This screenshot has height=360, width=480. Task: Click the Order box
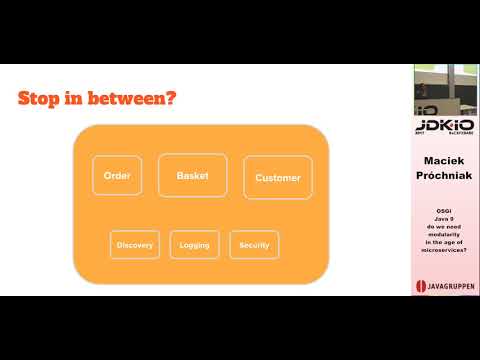point(118,176)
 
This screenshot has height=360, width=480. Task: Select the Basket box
point(193,175)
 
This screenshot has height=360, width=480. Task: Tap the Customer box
point(277,178)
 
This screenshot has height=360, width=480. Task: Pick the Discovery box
point(135,245)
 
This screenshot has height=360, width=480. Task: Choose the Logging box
point(194,245)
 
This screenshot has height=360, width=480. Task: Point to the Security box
point(254,245)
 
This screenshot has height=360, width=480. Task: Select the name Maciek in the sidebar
point(446,161)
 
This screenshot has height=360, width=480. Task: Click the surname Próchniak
point(446,176)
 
